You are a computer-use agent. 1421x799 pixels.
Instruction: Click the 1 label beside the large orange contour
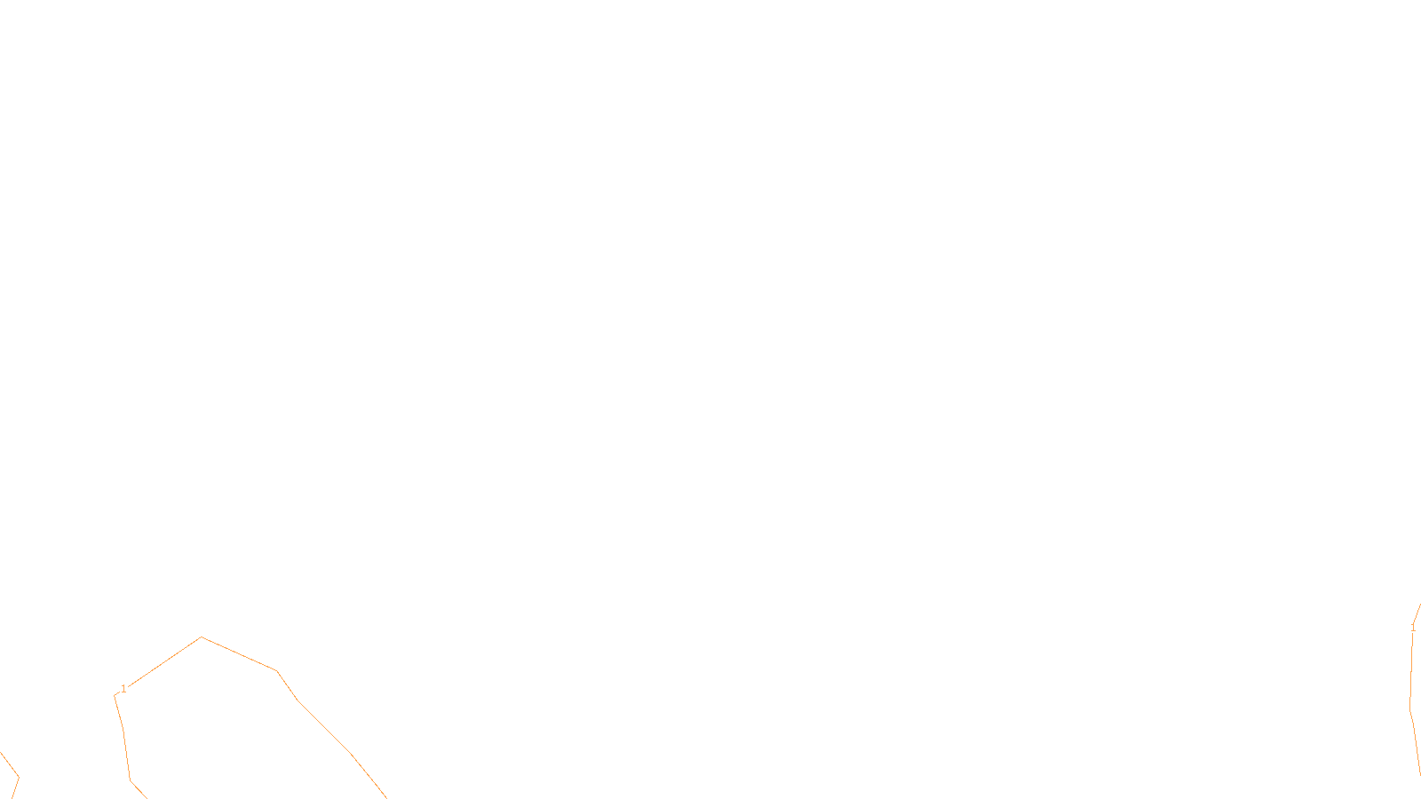point(123,689)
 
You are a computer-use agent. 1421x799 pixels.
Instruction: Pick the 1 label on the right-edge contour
point(1413,628)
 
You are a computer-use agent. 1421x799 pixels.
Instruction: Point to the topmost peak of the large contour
point(202,637)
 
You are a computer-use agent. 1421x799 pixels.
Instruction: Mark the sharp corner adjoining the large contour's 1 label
point(115,696)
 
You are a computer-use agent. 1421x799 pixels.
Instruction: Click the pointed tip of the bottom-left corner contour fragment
point(19,778)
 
